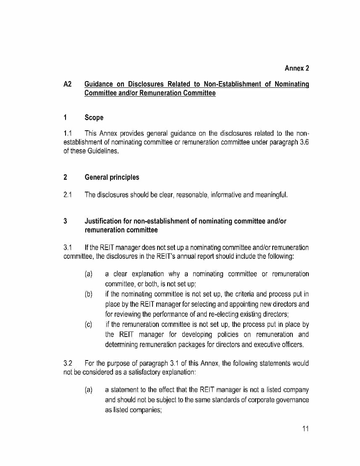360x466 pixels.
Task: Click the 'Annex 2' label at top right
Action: point(297,68)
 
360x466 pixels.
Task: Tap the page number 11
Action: point(305,429)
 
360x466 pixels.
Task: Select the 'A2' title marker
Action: point(68,84)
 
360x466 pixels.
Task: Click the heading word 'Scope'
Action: point(94,118)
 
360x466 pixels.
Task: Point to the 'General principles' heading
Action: point(112,177)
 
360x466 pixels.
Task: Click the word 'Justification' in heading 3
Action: point(104,221)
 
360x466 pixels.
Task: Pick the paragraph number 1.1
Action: point(68,134)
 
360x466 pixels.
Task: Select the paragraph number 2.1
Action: point(68,195)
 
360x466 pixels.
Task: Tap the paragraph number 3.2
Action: point(68,363)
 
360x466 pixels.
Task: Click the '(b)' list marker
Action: point(89,294)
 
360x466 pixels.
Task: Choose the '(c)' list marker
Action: point(89,324)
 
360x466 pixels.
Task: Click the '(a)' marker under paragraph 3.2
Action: point(89,390)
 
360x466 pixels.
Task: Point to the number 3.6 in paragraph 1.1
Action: point(304,142)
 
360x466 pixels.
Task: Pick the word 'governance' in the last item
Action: point(292,400)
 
